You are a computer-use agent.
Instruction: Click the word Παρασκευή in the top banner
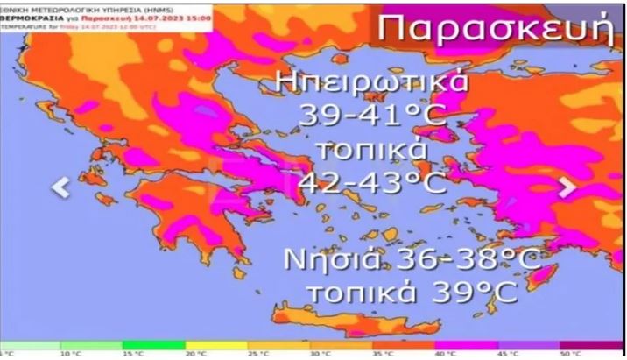(496, 29)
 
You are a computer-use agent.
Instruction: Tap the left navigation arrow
(61, 187)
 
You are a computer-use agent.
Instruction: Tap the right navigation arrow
(567, 187)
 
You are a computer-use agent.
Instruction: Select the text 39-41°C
(373, 115)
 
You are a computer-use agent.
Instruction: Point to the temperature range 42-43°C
(373, 182)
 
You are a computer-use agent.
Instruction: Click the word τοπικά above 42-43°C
(373, 149)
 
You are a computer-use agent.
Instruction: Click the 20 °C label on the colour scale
(190, 355)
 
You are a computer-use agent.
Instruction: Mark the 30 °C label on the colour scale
(316, 355)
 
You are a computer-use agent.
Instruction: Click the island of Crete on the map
(350, 319)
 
